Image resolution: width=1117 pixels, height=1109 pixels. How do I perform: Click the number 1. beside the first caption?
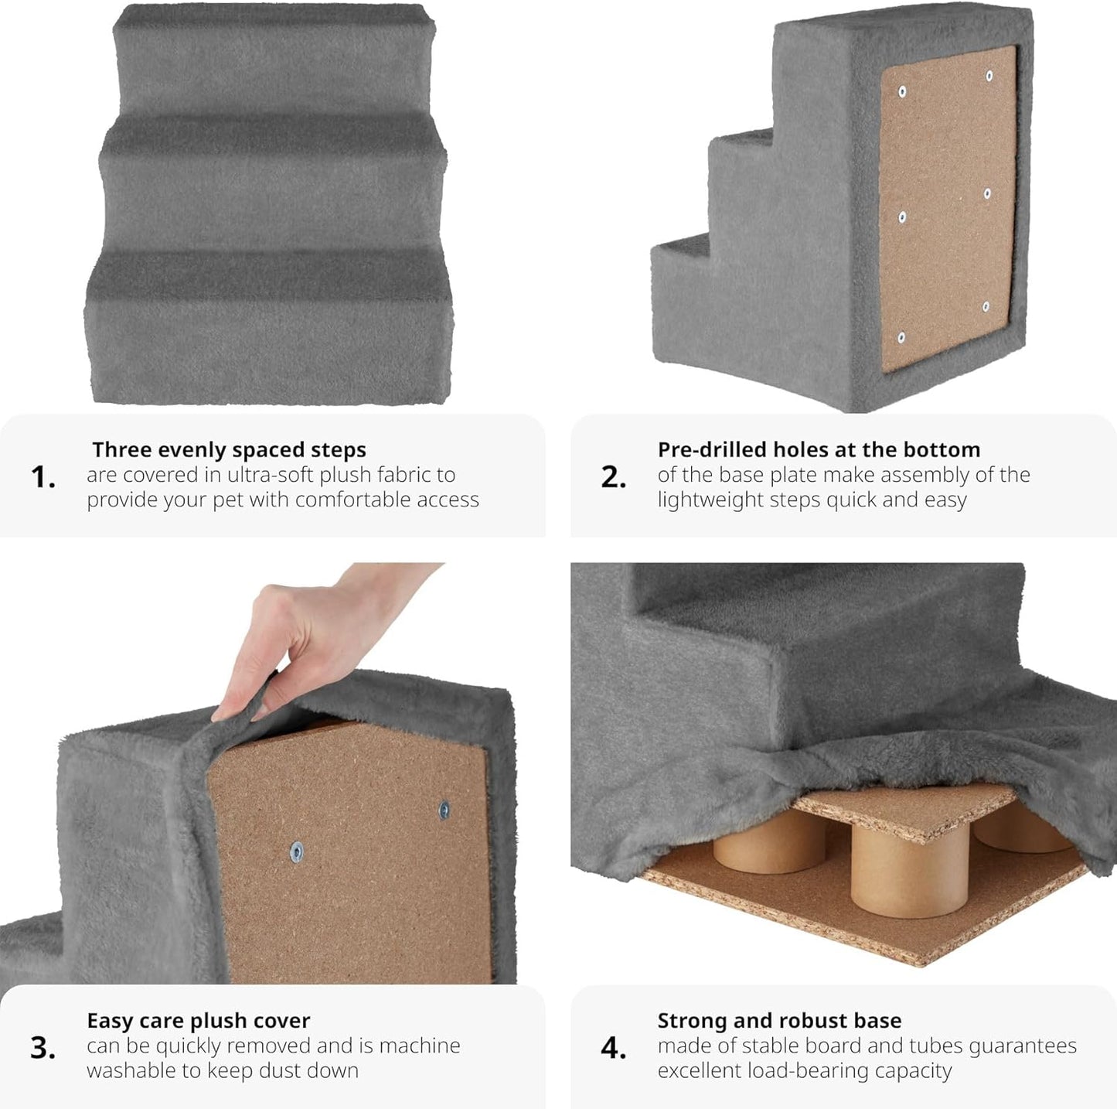43,478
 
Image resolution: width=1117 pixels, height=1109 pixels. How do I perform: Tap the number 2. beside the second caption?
613,478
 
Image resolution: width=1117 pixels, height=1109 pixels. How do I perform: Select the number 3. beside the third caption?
43,1048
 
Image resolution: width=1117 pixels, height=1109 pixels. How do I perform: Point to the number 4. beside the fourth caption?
613,1048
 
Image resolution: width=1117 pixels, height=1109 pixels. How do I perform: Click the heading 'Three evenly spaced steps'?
229,450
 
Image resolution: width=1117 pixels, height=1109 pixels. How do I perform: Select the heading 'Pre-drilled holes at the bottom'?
819,449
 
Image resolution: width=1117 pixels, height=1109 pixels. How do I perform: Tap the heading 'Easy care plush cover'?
198,1021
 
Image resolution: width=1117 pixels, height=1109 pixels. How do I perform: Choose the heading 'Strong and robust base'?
779,1020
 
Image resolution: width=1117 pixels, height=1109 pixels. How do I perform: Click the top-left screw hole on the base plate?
902,91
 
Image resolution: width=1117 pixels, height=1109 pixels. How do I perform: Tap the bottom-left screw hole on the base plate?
901,337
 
